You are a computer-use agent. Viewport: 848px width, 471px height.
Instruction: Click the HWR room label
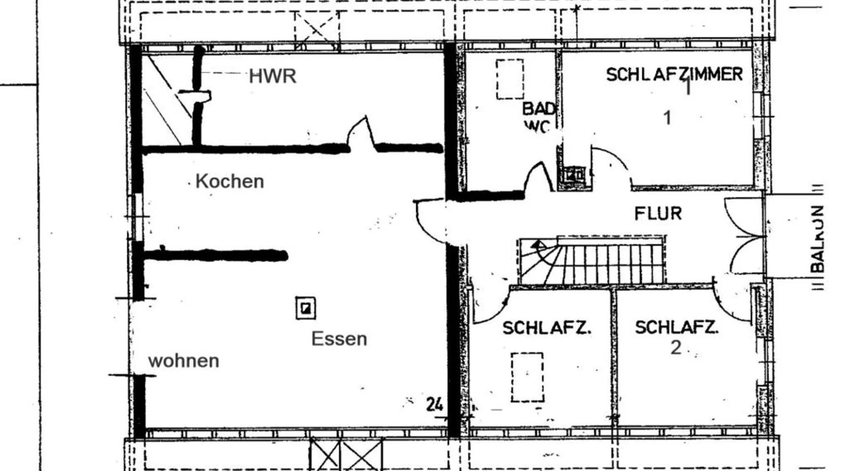coord(272,76)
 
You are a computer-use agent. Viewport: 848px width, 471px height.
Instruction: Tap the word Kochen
coord(229,181)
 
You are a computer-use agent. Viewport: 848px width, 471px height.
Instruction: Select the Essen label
coord(339,339)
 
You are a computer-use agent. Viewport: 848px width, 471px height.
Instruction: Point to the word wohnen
coord(184,361)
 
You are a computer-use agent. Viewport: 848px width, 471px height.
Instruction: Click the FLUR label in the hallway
coord(658,214)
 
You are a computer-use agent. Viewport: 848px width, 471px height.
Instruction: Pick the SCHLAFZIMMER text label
coord(674,74)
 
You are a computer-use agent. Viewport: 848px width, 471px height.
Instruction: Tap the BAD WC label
coord(538,117)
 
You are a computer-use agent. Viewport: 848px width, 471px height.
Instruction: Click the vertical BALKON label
coord(818,239)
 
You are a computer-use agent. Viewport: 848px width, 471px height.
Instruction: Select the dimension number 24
coord(434,404)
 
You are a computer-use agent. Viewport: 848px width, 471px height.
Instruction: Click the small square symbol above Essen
coord(306,308)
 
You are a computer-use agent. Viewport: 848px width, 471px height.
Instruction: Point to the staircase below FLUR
coord(592,261)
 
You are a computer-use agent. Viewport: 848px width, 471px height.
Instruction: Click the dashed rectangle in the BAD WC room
coord(510,79)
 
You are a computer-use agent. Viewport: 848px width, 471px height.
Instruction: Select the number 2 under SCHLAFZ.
coord(676,348)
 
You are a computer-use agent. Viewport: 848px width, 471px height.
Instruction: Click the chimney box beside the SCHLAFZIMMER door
coord(574,175)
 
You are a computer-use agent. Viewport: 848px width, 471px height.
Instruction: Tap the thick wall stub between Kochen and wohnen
coord(216,255)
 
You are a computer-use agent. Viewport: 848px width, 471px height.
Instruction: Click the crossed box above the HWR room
coord(317,30)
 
